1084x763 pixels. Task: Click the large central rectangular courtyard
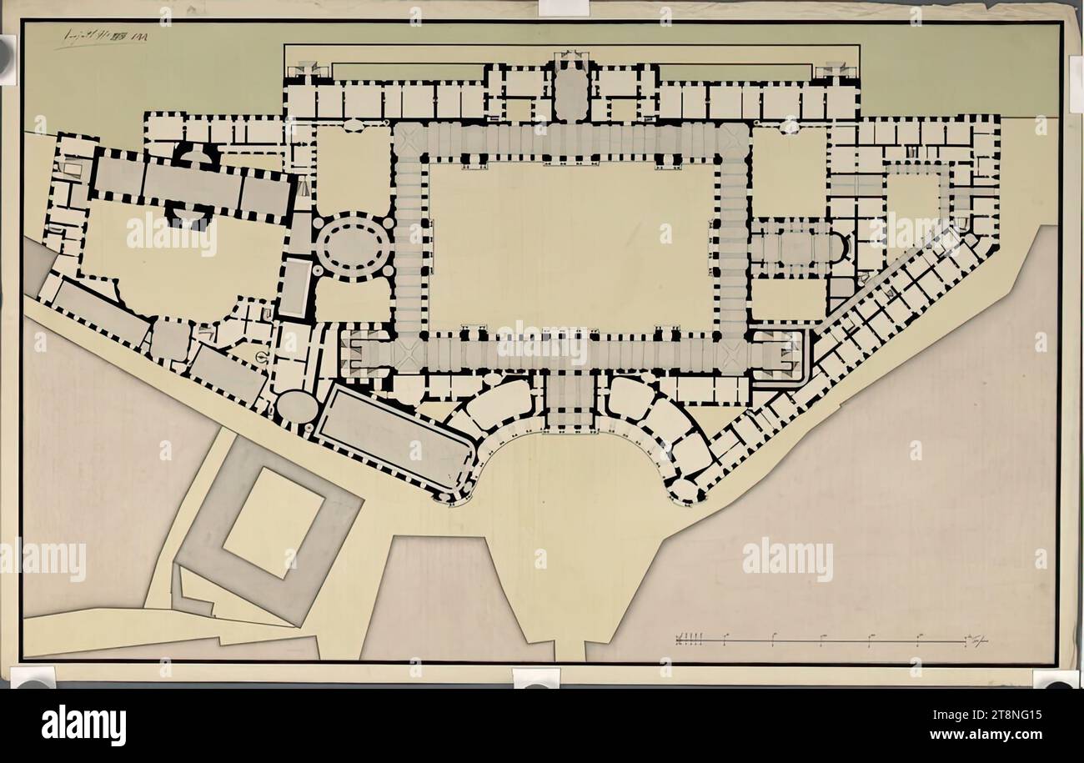(x=571, y=246)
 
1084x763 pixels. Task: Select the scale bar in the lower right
(x=830, y=640)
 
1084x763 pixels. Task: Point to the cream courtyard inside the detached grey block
(x=273, y=523)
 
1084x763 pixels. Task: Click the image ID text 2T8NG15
(x=1009, y=715)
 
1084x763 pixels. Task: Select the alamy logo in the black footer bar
(x=83, y=725)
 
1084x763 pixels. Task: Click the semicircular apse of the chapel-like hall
(x=837, y=248)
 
